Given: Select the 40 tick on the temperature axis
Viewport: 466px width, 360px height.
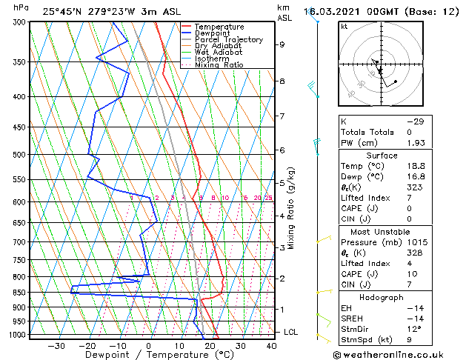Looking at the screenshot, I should pos(272,346).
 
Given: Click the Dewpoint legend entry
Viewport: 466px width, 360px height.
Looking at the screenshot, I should pos(215,33).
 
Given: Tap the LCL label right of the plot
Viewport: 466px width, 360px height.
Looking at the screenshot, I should pos(291,332).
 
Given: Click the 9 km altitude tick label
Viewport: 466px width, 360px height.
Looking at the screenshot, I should pos(282,44).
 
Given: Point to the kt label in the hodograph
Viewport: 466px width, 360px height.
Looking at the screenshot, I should pos(344,26).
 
